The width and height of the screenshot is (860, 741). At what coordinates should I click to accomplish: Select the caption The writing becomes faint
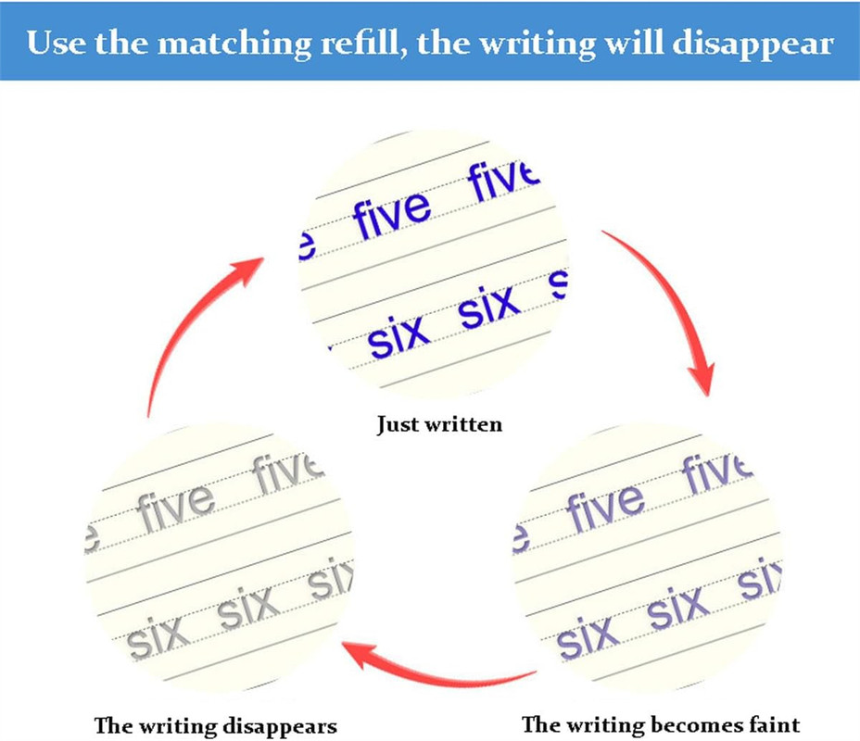pyautogui.click(x=660, y=723)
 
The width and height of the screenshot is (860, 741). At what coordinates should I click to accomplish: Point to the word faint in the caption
pyautogui.click(x=773, y=723)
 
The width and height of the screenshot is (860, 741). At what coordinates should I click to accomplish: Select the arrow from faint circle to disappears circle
pyautogui.click(x=436, y=662)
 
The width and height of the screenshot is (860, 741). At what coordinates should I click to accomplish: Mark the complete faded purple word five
pyautogui.click(x=605, y=505)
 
